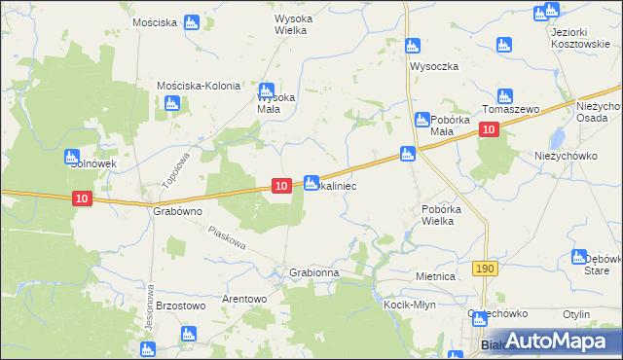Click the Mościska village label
(154, 21)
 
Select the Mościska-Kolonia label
(199, 86)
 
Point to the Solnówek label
(92, 164)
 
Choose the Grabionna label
(313, 273)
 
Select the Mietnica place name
(435, 276)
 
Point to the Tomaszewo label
(511, 110)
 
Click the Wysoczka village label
(434, 66)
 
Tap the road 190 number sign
(487, 268)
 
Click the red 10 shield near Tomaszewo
(491, 131)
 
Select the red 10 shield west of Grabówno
(83, 198)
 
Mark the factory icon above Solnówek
(71, 157)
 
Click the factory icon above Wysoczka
(412, 46)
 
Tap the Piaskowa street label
(227, 237)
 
